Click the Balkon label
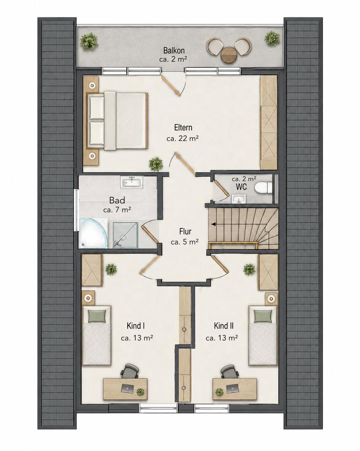(x=174, y=51)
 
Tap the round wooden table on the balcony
(x=229, y=54)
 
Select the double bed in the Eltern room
(x=117, y=121)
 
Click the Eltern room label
(x=183, y=127)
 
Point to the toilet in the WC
(x=263, y=188)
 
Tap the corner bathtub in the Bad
(x=93, y=233)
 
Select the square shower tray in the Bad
(x=125, y=235)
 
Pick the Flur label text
(x=185, y=232)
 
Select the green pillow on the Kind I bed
(x=96, y=316)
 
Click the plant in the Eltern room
(x=156, y=164)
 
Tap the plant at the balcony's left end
(x=89, y=41)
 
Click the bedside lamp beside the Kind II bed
(x=271, y=299)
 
